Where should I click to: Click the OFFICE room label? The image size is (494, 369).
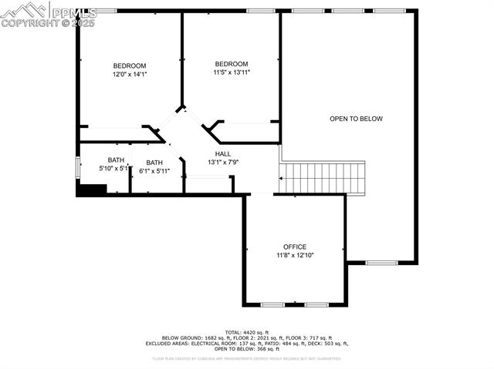(x=295, y=247)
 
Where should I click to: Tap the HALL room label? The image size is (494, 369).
(x=223, y=154)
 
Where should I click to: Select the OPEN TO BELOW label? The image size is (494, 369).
(x=356, y=119)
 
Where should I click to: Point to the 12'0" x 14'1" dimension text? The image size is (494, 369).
(x=130, y=75)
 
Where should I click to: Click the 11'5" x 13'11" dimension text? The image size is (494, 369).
(x=232, y=72)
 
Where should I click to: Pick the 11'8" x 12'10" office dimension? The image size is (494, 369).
(x=295, y=255)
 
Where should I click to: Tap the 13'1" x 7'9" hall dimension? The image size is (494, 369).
(x=223, y=163)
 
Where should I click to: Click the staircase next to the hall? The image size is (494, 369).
(x=322, y=177)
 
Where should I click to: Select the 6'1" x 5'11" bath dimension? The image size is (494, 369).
(x=154, y=171)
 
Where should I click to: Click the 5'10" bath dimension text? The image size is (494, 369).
(x=113, y=168)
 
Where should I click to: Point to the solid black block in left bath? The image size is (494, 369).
(x=92, y=189)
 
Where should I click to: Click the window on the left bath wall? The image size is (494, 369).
(x=76, y=167)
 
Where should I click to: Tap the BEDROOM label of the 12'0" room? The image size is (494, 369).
(x=130, y=66)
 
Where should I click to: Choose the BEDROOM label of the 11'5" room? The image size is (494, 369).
(x=232, y=64)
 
